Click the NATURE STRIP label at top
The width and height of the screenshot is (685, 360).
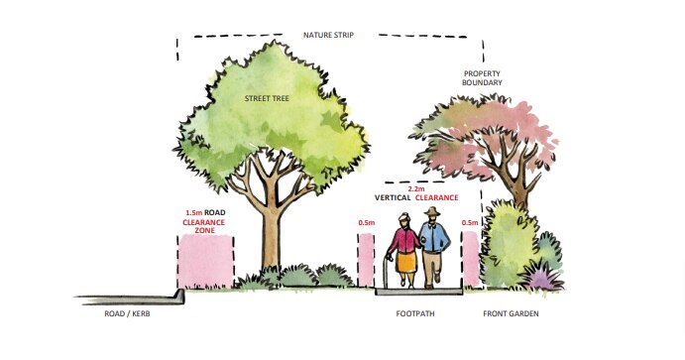[328, 35]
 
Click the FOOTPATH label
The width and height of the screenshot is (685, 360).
[415, 315]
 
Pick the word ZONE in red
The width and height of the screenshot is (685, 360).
[205, 232]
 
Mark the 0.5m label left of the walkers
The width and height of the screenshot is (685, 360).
[367, 223]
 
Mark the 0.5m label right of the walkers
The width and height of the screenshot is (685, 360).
[470, 223]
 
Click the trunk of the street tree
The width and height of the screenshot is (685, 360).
[268, 238]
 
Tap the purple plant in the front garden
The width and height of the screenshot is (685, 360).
[542, 281]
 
